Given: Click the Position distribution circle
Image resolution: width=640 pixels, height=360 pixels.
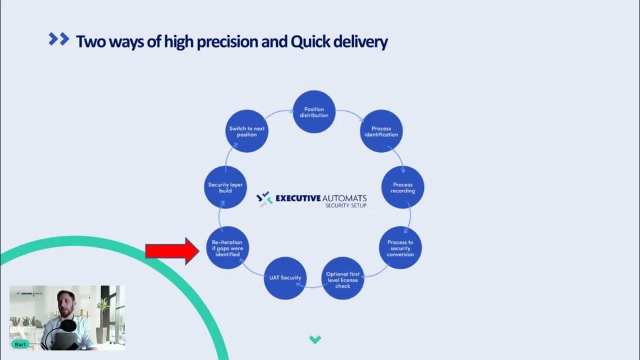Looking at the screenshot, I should (313, 112).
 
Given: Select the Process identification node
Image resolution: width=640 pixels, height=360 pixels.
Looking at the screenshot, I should (381, 131).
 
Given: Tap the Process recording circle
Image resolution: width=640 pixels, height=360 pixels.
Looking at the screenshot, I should (402, 187).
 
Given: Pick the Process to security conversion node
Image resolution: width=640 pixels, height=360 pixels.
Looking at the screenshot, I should (400, 248).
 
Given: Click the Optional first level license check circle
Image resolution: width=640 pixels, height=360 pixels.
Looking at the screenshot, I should (342, 279).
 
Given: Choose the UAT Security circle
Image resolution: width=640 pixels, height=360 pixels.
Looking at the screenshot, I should (285, 278).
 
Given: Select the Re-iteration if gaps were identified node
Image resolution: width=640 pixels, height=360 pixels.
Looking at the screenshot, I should (227, 248).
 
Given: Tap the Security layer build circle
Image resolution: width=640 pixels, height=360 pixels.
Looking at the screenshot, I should (225, 187).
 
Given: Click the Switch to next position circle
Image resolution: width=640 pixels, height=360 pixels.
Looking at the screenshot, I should (247, 131).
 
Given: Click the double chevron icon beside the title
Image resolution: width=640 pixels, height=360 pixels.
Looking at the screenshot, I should (58, 39).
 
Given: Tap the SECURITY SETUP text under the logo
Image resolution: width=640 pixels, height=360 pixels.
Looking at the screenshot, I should (345, 205).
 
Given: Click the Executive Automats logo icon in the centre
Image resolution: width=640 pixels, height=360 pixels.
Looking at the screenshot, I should (263, 198).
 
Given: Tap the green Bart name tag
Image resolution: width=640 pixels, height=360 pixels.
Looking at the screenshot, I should (20, 344).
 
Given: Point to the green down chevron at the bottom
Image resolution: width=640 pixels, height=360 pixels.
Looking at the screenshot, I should (314, 340).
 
